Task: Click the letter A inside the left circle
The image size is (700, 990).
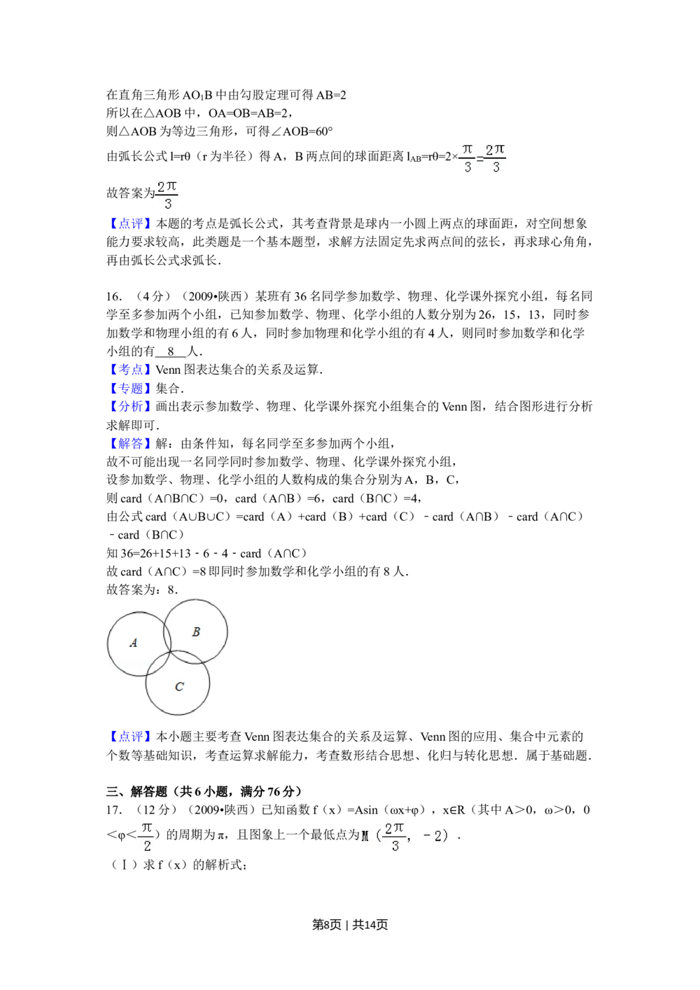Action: (x=134, y=643)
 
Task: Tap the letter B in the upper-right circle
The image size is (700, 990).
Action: (x=196, y=632)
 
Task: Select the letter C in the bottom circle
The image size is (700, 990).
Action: (x=179, y=687)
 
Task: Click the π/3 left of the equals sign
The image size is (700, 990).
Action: (x=467, y=159)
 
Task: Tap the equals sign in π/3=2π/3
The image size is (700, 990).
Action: (x=480, y=160)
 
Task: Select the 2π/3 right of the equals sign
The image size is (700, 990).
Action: (x=496, y=159)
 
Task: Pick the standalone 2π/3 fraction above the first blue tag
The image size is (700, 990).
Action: (x=167, y=196)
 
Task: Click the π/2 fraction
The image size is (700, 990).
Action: (x=146, y=837)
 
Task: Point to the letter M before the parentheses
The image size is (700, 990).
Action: (x=365, y=837)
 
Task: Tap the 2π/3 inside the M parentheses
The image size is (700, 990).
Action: (x=395, y=837)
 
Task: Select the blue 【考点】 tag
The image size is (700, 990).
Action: (x=129, y=368)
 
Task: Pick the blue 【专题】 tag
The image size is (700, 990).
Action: (x=129, y=388)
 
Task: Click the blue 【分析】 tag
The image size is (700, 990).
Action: (x=129, y=406)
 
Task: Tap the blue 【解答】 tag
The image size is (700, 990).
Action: (x=129, y=444)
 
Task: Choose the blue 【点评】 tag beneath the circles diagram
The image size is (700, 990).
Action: (x=129, y=736)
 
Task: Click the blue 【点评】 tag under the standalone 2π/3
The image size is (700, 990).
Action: (x=129, y=223)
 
